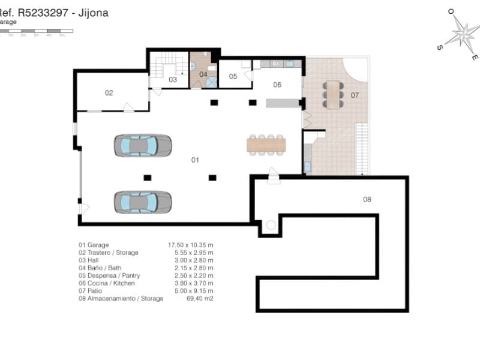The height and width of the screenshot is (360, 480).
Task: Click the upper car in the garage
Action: pos(143,146)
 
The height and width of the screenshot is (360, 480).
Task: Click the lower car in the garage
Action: pos(143,202)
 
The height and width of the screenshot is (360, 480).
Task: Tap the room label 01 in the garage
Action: pos(195,160)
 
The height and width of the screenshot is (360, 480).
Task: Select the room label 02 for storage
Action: pos(109,93)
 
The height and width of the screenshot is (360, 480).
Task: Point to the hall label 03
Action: pos(172,79)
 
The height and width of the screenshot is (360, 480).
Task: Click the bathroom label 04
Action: pos(203,74)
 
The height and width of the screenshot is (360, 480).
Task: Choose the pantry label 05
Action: pos(233,76)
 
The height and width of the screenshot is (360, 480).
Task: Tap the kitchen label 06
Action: pos(277,85)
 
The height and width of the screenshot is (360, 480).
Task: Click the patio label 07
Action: pos(355,95)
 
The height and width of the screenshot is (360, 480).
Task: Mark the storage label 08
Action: pos(367,199)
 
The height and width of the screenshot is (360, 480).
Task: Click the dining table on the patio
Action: pos(333,94)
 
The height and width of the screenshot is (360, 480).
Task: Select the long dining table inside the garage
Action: pos(266,145)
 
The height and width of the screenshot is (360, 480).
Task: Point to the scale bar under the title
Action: pos(36,30)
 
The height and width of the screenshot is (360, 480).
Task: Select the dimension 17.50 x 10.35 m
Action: pos(190,245)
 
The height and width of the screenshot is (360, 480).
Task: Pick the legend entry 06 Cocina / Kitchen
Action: pos(107,283)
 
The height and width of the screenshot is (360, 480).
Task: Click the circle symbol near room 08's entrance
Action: pos(270,226)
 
